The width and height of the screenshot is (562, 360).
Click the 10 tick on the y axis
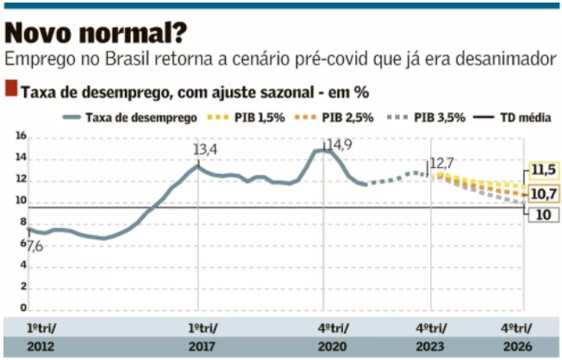[x=21, y=201]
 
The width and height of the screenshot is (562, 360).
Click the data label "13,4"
[x=204, y=151]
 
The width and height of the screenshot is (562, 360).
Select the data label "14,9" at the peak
[x=337, y=144]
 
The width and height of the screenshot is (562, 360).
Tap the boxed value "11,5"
[x=542, y=169]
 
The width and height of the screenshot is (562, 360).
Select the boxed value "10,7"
[x=542, y=193]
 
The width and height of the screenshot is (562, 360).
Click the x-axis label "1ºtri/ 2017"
[x=203, y=337]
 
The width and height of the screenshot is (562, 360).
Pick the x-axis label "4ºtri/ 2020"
[x=328, y=337]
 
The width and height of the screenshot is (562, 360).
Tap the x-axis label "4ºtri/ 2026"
[x=517, y=337]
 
